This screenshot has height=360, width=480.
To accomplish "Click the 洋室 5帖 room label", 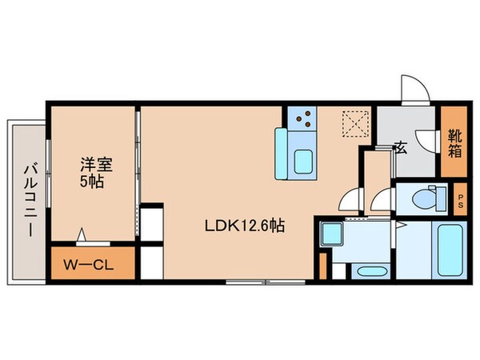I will [x=95, y=172].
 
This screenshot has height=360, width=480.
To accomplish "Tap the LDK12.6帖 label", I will [x=244, y=226].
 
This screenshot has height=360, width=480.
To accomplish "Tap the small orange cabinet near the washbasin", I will [x=323, y=266].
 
